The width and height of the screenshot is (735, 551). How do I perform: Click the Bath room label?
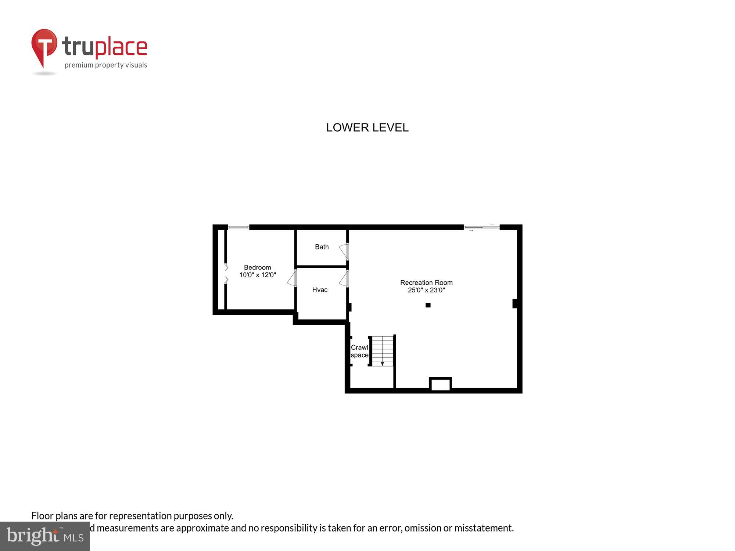click(322, 247)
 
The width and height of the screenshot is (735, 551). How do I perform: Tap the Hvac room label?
click(320, 290)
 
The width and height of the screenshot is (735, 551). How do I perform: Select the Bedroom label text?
click(257, 267)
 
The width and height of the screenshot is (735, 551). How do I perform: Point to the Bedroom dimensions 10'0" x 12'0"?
click(257, 275)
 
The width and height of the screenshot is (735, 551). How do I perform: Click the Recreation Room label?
click(426, 282)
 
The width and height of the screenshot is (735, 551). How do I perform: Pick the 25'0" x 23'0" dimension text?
click(426, 290)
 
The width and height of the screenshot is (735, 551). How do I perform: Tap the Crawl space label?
click(359, 351)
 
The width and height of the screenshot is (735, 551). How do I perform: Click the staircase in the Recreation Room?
click(382, 351)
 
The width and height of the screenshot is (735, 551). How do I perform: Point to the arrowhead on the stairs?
click(382, 364)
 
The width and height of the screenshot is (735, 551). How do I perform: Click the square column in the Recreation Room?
click(428, 305)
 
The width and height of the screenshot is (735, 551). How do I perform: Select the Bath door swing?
click(344, 251)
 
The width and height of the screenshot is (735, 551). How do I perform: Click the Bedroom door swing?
click(292, 278)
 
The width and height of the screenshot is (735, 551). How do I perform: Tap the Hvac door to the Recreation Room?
click(344, 279)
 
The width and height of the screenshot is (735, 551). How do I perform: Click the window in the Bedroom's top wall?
click(239, 228)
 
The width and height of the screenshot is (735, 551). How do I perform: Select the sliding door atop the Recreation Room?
click(481, 227)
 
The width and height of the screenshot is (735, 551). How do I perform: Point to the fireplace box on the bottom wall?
click(440, 384)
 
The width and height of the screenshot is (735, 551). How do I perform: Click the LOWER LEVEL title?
click(367, 127)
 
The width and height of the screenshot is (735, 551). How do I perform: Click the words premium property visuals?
click(106, 65)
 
